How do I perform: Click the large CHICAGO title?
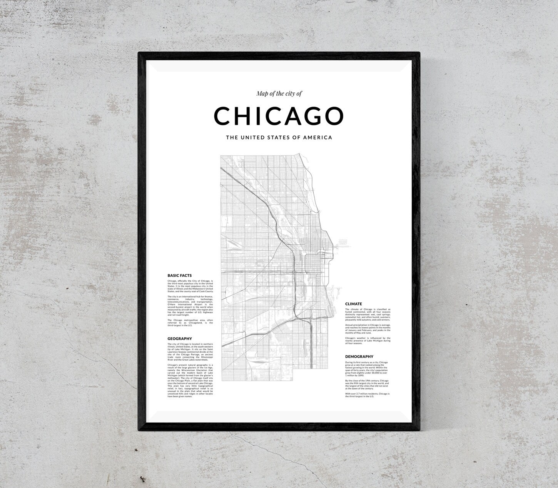pos(279,116)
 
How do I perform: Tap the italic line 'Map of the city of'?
pos(276,93)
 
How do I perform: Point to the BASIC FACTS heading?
pos(180,276)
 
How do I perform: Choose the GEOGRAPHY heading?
pos(180,339)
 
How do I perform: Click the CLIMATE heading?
pos(354,304)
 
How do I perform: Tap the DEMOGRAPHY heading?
pos(359,356)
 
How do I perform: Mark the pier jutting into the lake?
pos(342,242)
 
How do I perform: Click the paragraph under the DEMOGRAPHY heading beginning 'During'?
pos(368,368)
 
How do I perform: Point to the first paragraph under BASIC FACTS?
pos(190,286)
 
